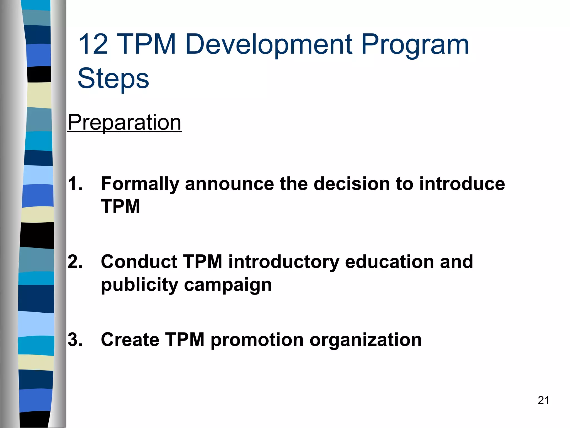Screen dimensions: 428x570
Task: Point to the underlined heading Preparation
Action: pyautogui.click(x=125, y=123)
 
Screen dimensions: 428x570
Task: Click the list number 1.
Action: pyautogui.click(x=75, y=184)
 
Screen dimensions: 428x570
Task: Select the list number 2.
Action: pyautogui.click(x=75, y=262)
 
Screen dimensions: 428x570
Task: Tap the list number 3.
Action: pyautogui.click(x=75, y=340)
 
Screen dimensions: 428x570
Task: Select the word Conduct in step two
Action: pyautogui.click(x=139, y=262)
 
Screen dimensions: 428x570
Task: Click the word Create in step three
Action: pyautogui.click(x=130, y=340)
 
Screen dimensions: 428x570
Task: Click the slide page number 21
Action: pyautogui.click(x=543, y=400)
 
